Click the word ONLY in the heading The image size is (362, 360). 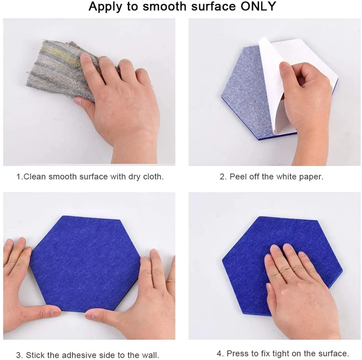click(258, 6)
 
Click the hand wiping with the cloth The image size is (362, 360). click(120, 104)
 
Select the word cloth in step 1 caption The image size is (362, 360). click(153, 176)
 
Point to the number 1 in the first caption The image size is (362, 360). click(18, 176)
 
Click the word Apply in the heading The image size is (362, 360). click(105, 7)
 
